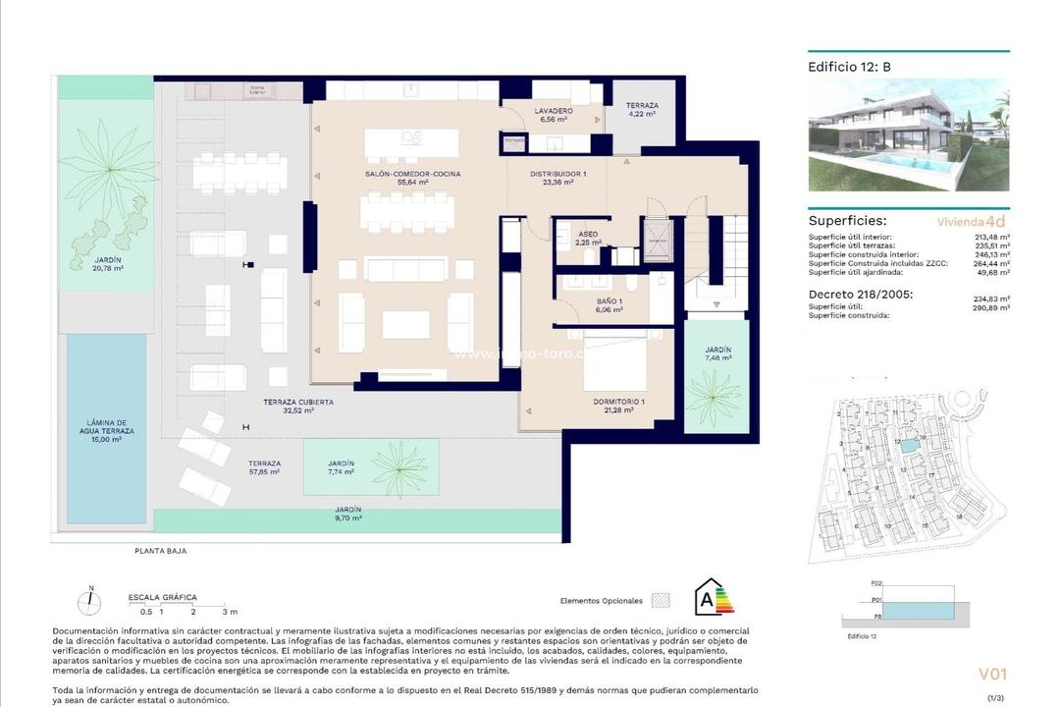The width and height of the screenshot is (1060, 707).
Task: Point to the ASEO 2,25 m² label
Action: (588, 237)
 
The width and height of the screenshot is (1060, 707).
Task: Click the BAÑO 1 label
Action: (608, 303)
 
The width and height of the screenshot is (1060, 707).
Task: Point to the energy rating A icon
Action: (709, 598)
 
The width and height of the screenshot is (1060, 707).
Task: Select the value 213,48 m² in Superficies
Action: (991, 237)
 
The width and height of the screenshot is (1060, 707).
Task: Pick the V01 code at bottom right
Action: (992, 674)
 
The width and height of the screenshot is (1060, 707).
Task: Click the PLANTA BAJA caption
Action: (160, 551)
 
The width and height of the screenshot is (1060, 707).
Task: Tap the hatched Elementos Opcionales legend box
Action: (662, 599)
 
